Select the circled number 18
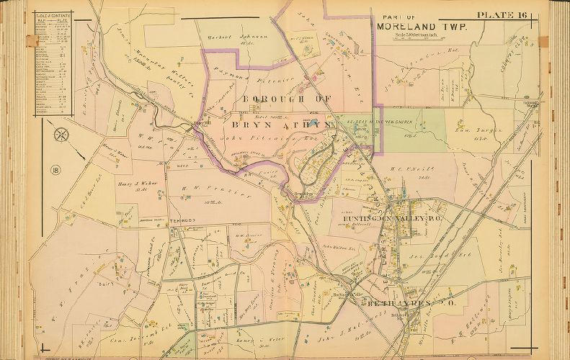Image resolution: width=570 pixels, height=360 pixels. [55, 170]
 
